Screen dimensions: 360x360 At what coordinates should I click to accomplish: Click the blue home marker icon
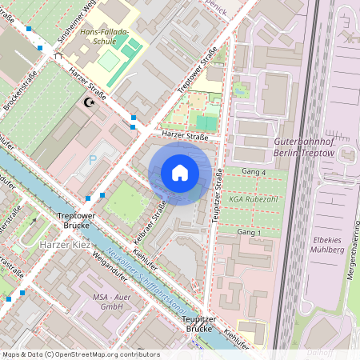(180, 173)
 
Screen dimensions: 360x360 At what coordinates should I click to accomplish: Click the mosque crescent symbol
(89, 103)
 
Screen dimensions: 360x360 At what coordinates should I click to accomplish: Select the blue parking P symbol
(92, 159)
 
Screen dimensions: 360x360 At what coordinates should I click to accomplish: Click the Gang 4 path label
(253, 171)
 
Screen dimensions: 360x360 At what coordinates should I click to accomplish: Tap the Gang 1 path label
(250, 232)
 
